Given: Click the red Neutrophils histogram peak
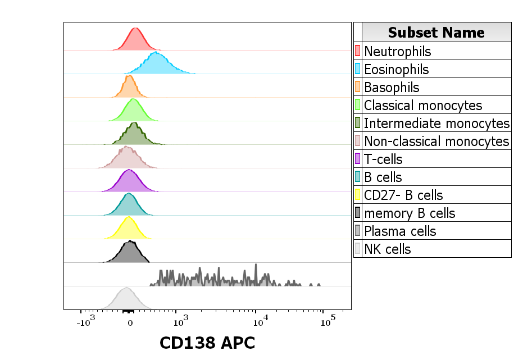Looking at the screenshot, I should click(135, 40).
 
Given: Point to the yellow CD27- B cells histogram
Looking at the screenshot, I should click(129, 230).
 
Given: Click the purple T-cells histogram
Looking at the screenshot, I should click(129, 183).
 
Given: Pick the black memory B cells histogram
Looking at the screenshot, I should click(129, 254).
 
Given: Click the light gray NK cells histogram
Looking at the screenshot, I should click(126, 300).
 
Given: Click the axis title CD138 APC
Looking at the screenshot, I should click(207, 342).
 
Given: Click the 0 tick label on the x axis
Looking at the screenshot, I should click(130, 323).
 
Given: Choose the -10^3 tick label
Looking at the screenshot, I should click(85, 323).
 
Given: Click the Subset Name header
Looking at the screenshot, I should click(436, 33).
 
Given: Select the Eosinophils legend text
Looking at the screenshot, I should click(396, 69).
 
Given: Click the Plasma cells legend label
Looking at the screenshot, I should click(400, 231).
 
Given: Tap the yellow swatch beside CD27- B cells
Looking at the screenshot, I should click(357, 195).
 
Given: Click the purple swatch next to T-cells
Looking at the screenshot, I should click(357, 159).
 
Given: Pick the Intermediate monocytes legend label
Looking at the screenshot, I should click(436, 123).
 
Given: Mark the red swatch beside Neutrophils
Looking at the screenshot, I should click(357, 51).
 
